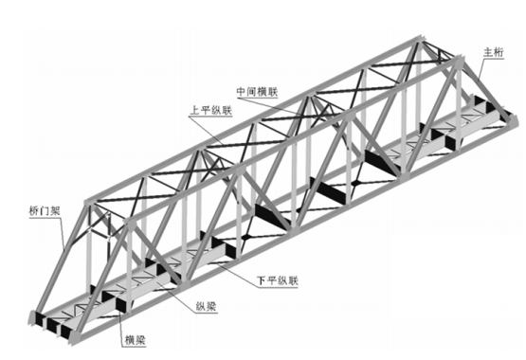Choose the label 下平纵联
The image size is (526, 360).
click(277, 280)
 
